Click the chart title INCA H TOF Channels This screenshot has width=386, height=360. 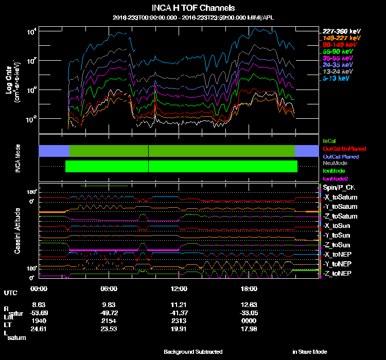(x=193, y=8)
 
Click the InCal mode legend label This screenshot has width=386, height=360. (x=329, y=140)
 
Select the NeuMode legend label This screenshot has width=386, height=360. (x=335, y=163)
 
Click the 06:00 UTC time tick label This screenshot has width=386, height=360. (x=109, y=289)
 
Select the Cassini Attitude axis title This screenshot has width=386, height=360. (x=17, y=230)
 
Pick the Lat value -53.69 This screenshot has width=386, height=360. (x=40, y=313)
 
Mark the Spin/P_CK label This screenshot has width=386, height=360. (x=339, y=187)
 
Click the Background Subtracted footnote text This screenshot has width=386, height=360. (x=193, y=352)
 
